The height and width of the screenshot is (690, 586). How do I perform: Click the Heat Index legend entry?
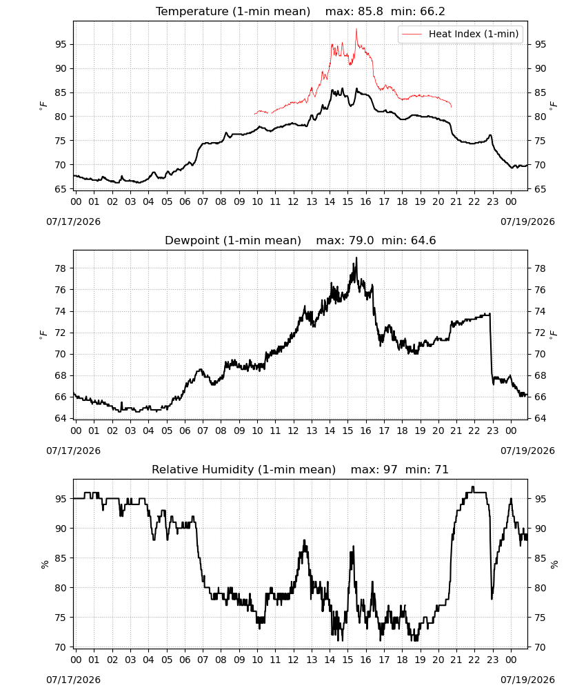pos(461,34)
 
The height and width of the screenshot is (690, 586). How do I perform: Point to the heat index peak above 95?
pos(356,29)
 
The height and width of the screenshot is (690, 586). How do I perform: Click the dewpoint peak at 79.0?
pos(356,258)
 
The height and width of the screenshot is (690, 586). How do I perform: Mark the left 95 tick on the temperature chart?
pos(61,44)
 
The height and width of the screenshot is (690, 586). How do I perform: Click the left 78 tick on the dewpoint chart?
pos(61,268)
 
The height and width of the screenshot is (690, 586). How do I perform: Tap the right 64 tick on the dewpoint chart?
pos(540,418)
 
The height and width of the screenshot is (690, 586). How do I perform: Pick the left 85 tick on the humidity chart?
pos(61,558)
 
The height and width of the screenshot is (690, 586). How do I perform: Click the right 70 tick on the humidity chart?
pos(540,647)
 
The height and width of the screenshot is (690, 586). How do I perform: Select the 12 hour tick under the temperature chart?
pos(293,201)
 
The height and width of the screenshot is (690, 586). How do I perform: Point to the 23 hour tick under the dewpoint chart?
pos(493,431)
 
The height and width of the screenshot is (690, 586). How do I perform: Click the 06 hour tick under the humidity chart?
pos(185,660)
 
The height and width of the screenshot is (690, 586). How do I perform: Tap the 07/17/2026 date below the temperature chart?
pos(73,221)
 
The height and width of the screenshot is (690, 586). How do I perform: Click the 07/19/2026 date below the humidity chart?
pos(527,680)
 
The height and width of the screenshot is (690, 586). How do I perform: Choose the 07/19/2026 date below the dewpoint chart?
pos(527,451)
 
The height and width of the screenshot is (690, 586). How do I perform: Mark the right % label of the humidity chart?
pos(554,564)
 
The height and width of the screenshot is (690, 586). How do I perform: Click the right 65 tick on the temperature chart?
pos(540,189)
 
